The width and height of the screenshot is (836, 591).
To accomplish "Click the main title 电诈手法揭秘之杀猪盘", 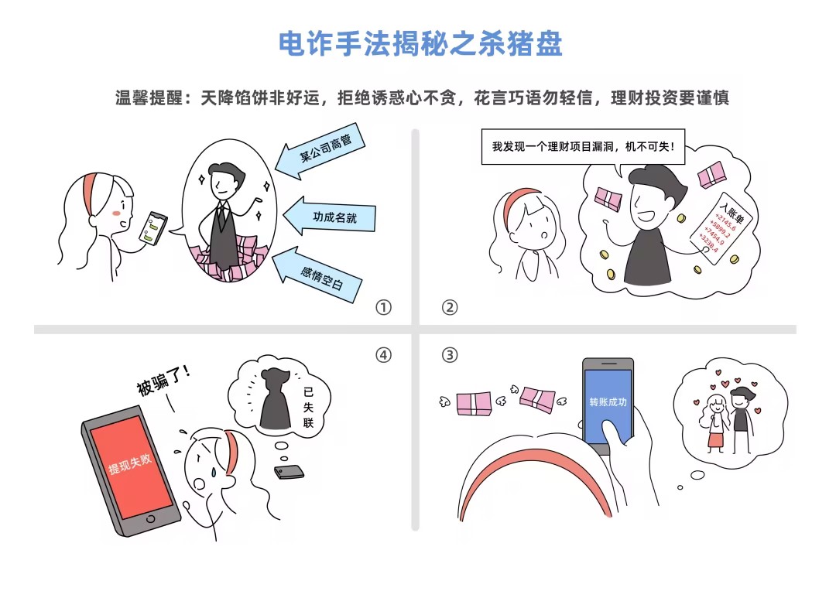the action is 420,43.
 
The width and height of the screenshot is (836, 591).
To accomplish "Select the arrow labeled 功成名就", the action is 329,217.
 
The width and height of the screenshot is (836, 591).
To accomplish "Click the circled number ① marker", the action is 383,308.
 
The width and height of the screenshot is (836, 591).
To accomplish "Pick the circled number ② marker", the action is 450,308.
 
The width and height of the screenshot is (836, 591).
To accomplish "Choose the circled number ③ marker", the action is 450,355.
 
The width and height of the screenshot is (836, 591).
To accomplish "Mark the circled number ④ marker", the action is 383,355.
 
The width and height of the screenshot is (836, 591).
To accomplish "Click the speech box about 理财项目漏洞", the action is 584,146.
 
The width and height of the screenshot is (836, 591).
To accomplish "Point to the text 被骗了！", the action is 163,379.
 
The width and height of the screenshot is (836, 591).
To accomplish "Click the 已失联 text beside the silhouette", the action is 308,407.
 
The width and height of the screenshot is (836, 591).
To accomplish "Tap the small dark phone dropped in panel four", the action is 289,472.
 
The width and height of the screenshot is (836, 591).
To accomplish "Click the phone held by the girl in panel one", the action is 153,228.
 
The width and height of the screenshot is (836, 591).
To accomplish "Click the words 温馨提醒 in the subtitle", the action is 149,98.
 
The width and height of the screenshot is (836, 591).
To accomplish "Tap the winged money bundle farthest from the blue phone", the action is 474,404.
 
